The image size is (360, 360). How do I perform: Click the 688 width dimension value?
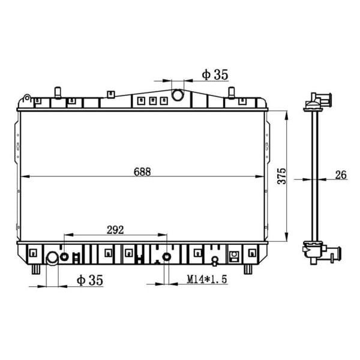142,171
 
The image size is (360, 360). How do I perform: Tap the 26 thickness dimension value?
341,175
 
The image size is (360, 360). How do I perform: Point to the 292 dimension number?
115,229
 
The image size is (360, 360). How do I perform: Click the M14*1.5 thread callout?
205,280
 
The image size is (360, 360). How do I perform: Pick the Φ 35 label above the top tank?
215,75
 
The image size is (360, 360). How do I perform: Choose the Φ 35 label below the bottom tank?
90,280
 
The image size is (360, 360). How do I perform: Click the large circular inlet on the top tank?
178,95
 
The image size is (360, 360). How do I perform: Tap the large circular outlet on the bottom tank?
52,259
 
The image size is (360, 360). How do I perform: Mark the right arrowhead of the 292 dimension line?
163,235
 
